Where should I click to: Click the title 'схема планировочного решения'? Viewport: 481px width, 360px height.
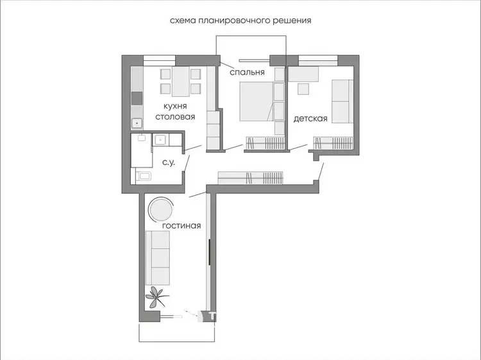point(240,21)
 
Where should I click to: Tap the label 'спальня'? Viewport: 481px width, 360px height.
point(247,72)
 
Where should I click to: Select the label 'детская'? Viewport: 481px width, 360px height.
point(310,119)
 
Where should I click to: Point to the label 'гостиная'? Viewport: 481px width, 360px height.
point(181,226)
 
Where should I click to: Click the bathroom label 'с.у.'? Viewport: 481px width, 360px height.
point(169,162)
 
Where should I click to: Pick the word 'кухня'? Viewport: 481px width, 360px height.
point(175,106)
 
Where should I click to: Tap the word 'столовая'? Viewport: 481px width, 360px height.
point(175,117)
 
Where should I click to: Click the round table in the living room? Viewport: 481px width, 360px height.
point(161,209)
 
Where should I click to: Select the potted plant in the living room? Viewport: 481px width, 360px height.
point(156,297)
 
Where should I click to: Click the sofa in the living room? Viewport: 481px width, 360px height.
point(158,258)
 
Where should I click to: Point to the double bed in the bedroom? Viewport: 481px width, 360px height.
point(257,101)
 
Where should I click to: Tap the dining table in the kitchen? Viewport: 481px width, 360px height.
point(181,81)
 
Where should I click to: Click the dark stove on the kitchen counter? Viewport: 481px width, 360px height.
point(137,99)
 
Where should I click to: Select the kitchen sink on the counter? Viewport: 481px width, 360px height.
point(137,123)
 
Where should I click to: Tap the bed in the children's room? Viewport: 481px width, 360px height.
point(342,101)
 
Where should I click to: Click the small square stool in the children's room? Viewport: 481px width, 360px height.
point(304,89)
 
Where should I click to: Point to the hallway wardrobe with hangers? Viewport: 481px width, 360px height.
point(251,178)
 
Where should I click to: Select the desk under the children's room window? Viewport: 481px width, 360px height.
point(303,74)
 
